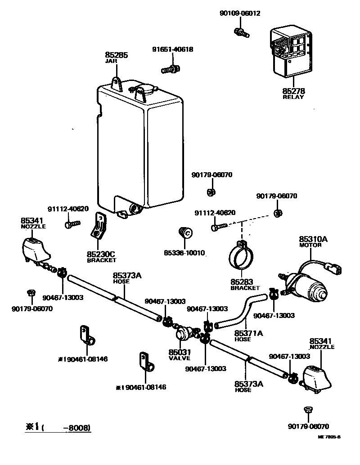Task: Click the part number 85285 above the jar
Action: tap(117, 55)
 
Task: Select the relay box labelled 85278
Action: tap(291, 52)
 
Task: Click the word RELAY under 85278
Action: tap(293, 97)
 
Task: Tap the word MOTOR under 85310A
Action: tap(310, 246)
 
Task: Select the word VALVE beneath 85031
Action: tap(180, 358)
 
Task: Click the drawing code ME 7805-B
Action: tap(329, 437)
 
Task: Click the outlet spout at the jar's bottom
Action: tap(135, 209)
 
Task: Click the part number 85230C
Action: tap(101, 254)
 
